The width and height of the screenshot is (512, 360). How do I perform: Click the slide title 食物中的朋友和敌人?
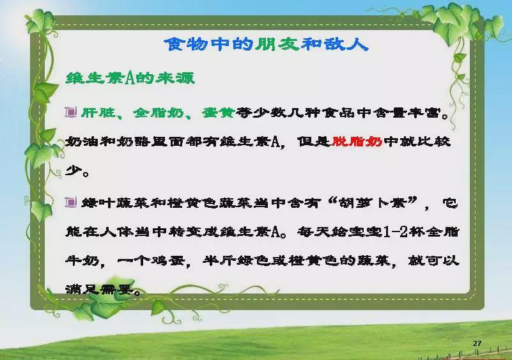coord(266,44)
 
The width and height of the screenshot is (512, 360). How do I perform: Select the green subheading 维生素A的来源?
coord(130,78)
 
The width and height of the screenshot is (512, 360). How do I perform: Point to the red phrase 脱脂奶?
coord(357,141)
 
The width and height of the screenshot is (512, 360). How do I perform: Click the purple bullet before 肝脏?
coord(70,112)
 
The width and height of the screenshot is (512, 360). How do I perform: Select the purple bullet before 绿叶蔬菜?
coord(70,202)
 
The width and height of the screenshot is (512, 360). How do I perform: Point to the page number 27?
coord(477,343)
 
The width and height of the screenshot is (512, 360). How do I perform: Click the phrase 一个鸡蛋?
coord(151,261)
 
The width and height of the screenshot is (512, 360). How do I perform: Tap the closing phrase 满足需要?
coord(100,289)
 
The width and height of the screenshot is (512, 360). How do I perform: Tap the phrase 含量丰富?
coord(408,113)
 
